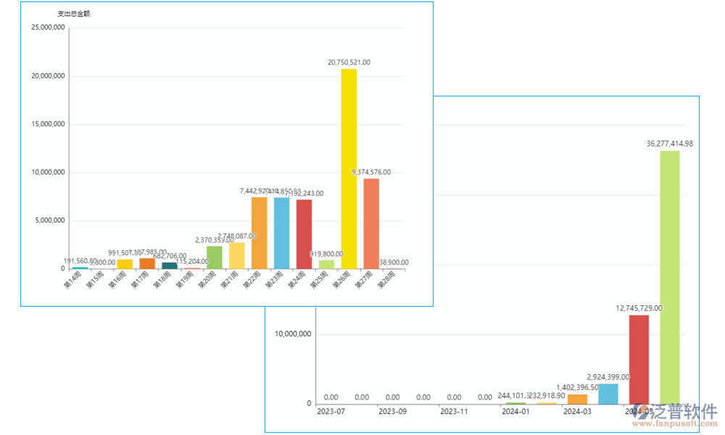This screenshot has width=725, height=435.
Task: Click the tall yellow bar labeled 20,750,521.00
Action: [349, 168]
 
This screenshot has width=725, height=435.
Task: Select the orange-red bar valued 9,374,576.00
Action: [371, 223]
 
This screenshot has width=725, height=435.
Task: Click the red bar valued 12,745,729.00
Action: [639, 359]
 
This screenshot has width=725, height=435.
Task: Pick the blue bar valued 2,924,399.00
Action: [608, 394]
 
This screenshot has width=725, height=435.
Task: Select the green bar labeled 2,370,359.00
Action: [215, 257]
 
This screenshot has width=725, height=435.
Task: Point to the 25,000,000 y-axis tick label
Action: [49, 28]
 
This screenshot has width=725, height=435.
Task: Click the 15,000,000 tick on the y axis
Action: [49, 124]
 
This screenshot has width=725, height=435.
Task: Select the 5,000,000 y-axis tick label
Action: [51, 220]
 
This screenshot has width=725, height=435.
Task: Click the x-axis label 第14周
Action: [72, 280]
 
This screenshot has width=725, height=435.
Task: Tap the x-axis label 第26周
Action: [341, 280]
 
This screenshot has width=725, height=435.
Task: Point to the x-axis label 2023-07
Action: [331, 412]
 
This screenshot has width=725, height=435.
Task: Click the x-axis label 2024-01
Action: [515, 412]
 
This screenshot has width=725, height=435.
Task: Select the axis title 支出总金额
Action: [73, 14]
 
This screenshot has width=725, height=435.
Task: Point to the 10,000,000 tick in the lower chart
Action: [293, 334]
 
